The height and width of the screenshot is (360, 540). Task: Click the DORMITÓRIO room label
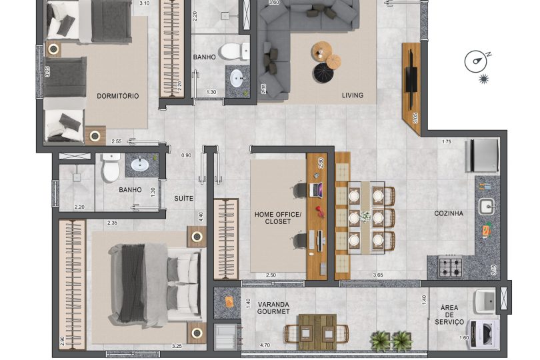pos(118,96)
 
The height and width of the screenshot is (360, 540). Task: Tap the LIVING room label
pos(353,95)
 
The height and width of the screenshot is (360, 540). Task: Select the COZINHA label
pos(448,213)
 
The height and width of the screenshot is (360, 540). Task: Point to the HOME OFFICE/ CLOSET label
pos(278,217)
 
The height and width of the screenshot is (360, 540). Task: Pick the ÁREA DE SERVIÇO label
pos(449,315)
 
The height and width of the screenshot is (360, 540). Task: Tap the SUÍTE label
pos(184,199)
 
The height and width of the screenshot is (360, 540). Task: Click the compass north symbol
pos(477,61)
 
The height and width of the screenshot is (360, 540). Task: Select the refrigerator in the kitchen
pos(482,155)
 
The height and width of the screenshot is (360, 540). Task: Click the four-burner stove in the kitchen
pos(451,267)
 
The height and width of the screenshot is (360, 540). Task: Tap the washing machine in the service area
pos(483,333)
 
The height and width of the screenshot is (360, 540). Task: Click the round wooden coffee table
pos(322,52)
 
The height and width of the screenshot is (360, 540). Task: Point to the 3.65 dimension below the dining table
pos(377,275)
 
